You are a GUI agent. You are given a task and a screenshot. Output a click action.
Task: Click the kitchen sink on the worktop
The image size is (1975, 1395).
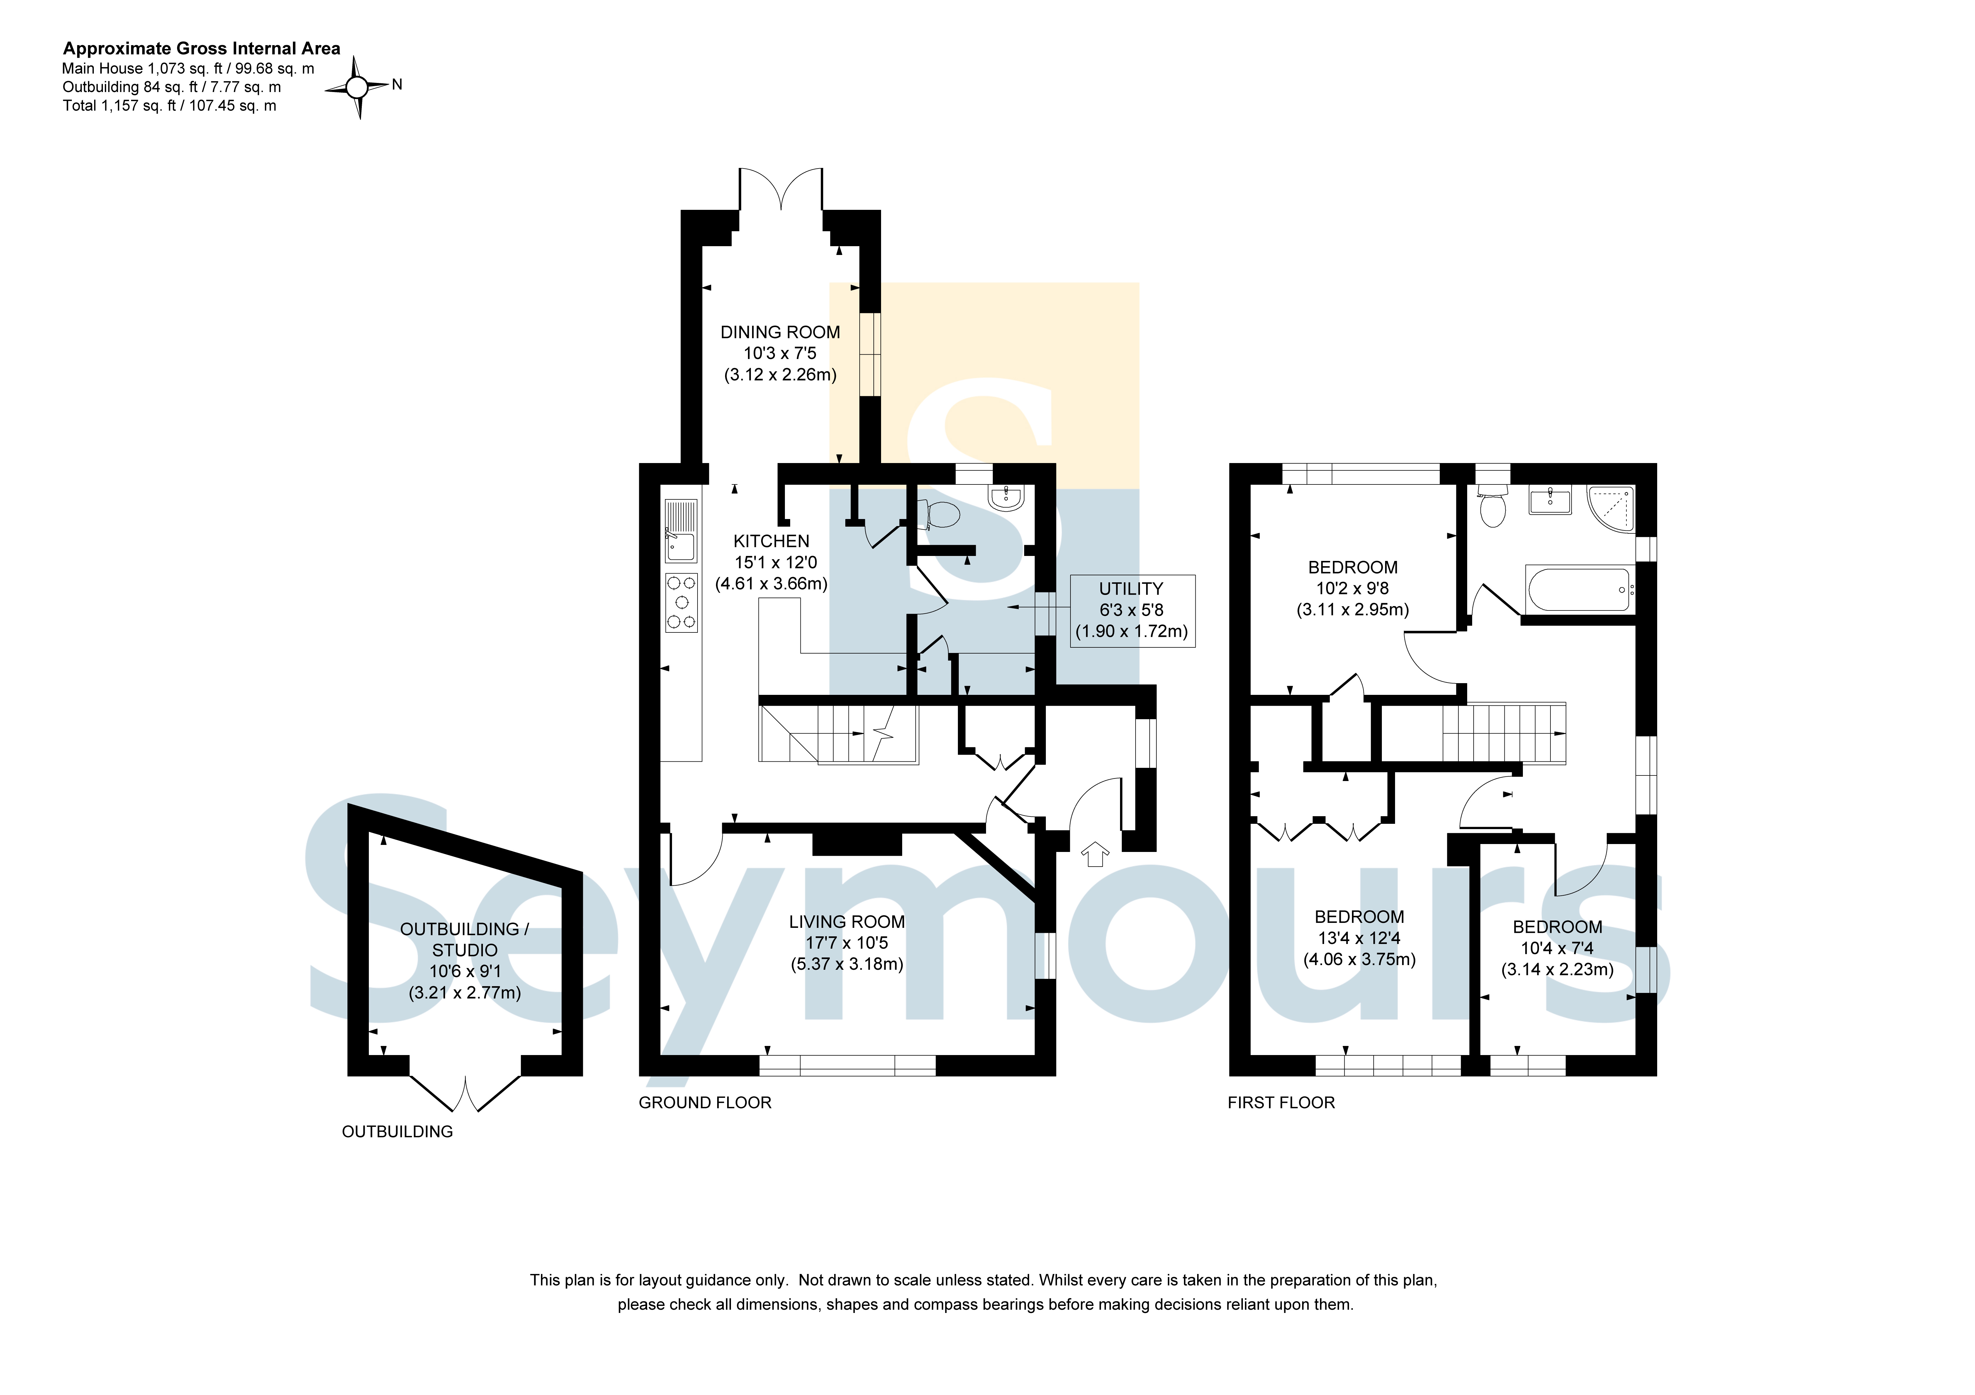[681, 531]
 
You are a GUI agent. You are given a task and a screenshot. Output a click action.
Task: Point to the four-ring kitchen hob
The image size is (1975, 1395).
[681, 603]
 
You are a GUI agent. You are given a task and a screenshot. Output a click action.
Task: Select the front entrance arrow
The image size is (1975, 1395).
[1094, 854]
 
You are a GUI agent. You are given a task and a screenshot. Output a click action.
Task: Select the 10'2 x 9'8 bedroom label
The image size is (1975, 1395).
[1352, 588]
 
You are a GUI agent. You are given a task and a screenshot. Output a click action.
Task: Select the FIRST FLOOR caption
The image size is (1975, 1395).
[1281, 1103]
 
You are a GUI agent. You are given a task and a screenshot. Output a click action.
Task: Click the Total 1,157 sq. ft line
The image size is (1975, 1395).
[169, 106]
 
